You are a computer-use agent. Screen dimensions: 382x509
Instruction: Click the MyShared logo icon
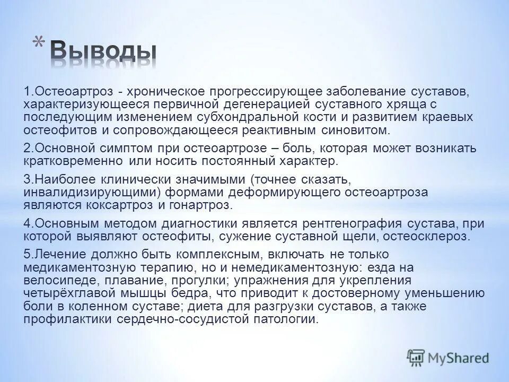click(415, 358)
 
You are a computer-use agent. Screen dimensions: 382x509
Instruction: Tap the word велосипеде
click(55, 280)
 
